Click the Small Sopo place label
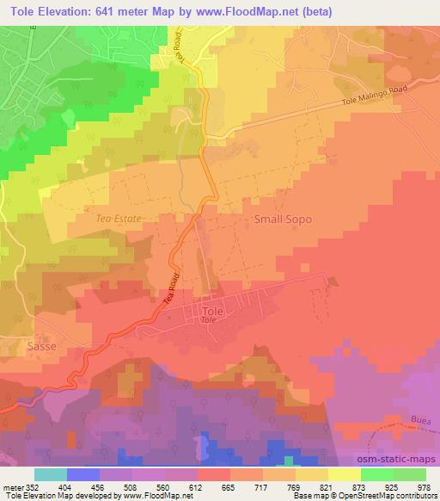click(x=283, y=220)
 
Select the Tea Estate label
click(x=118, y=220)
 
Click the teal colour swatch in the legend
click(x=51, y=474)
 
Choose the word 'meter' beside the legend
click(x=12, y=486)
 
